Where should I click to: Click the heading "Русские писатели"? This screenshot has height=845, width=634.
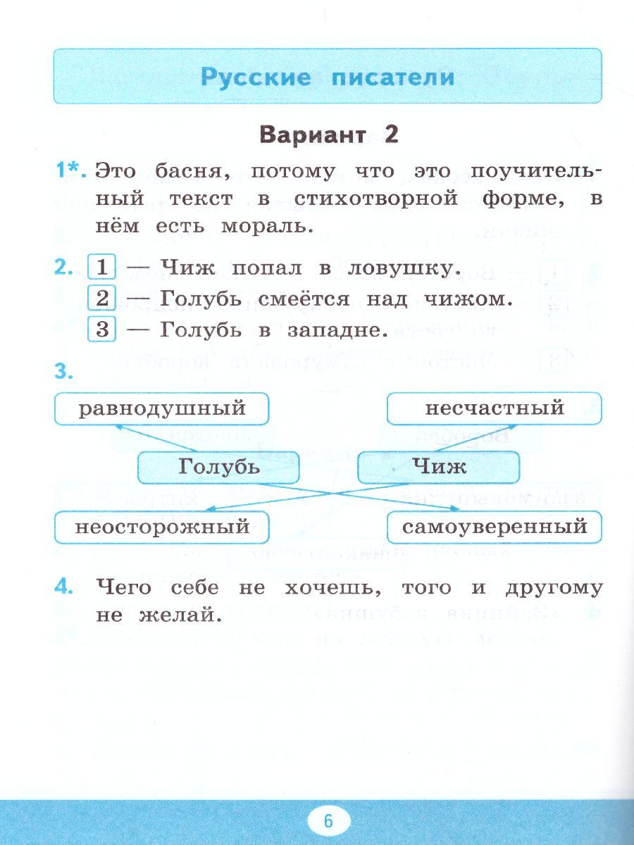(x=328, y=77)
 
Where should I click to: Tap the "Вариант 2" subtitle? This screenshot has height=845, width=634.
(x=329, y=135)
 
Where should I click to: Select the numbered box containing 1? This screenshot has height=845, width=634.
(x=101, y=266)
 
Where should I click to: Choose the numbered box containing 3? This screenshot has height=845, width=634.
(x=101, y=329)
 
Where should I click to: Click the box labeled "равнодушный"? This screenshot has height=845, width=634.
(x=162, y=409)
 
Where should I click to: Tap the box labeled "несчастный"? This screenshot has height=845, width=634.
(x=495, y=408)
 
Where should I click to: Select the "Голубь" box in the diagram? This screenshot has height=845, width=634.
(x=218, y=468)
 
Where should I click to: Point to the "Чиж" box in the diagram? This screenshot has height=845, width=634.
(x=438, y=468)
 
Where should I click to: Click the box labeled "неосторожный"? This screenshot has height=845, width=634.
(x=162, y=527)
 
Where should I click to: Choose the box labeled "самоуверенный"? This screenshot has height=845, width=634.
(x=495, y=527)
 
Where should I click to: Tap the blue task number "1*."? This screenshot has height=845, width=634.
(x=71, y=170)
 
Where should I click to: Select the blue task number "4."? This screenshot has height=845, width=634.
(x=64, y=587)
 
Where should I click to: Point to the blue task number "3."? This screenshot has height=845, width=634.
(x=64, y=373)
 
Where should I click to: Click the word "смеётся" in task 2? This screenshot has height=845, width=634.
(x=304, y=299)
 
